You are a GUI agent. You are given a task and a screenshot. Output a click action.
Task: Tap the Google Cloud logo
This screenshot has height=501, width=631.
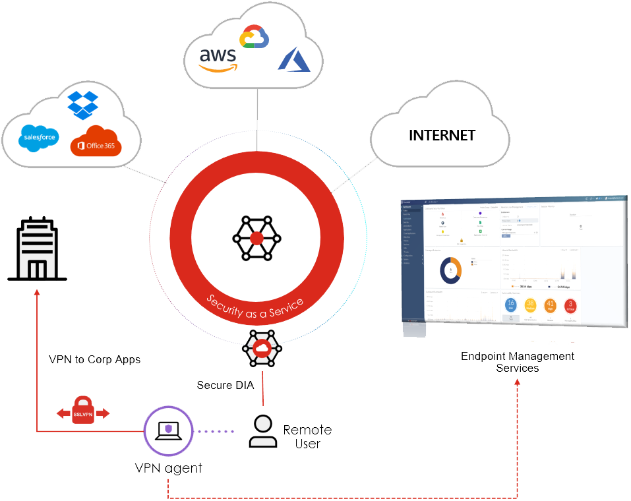point(255,37)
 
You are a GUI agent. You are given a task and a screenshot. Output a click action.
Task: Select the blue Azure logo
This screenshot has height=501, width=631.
point(293,59)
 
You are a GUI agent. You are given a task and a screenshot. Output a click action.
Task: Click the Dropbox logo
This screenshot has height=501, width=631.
point(82,105)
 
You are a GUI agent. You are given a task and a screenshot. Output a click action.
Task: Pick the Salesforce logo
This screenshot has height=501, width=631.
point(39,138)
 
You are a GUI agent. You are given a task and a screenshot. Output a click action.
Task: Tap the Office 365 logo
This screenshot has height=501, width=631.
point(96,141)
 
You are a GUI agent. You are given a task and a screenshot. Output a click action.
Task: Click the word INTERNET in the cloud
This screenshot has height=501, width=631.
point(442,135)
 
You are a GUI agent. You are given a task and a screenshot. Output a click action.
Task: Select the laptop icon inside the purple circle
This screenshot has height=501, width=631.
point(168,431)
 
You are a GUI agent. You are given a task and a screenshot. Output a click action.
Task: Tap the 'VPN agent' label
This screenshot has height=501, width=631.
point(168,469)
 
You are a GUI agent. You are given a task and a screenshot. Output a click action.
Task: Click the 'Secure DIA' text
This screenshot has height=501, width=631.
point(225,384)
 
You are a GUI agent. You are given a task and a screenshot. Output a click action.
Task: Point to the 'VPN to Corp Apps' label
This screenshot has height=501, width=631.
point(94,360)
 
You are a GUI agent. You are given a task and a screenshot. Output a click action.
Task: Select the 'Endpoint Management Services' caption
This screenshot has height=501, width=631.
point(517,362)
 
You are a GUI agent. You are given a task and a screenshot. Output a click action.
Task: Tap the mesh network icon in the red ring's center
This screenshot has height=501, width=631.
point(256,237)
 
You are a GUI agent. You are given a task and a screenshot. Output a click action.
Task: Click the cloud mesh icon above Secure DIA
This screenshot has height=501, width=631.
point(262,348)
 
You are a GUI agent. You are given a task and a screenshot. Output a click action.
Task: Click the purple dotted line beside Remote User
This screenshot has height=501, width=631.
point(216,432)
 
